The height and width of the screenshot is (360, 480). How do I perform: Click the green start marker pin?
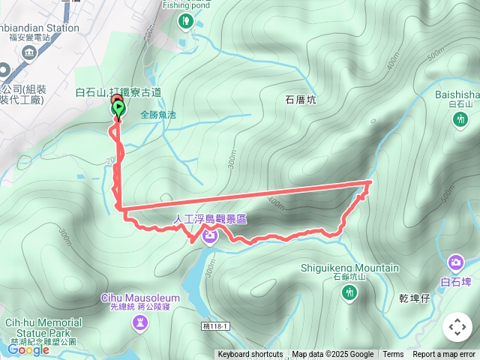[118, 109]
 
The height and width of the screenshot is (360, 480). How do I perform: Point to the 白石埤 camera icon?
[455, 262]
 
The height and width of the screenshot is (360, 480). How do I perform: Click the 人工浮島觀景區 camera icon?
[210, 236]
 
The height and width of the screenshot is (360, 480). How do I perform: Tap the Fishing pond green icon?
[184, 22]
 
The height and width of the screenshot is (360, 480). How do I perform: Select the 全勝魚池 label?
[157, 115]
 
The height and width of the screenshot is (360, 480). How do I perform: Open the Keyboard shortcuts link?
[250, 355]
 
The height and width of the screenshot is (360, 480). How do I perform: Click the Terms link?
[393, 355]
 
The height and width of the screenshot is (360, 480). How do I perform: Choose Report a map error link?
[444, 355]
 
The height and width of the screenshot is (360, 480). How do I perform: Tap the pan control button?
[457, 327]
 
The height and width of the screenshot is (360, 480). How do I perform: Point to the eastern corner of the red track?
[371, 181]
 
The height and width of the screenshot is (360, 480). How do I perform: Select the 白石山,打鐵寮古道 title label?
[118, 92]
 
